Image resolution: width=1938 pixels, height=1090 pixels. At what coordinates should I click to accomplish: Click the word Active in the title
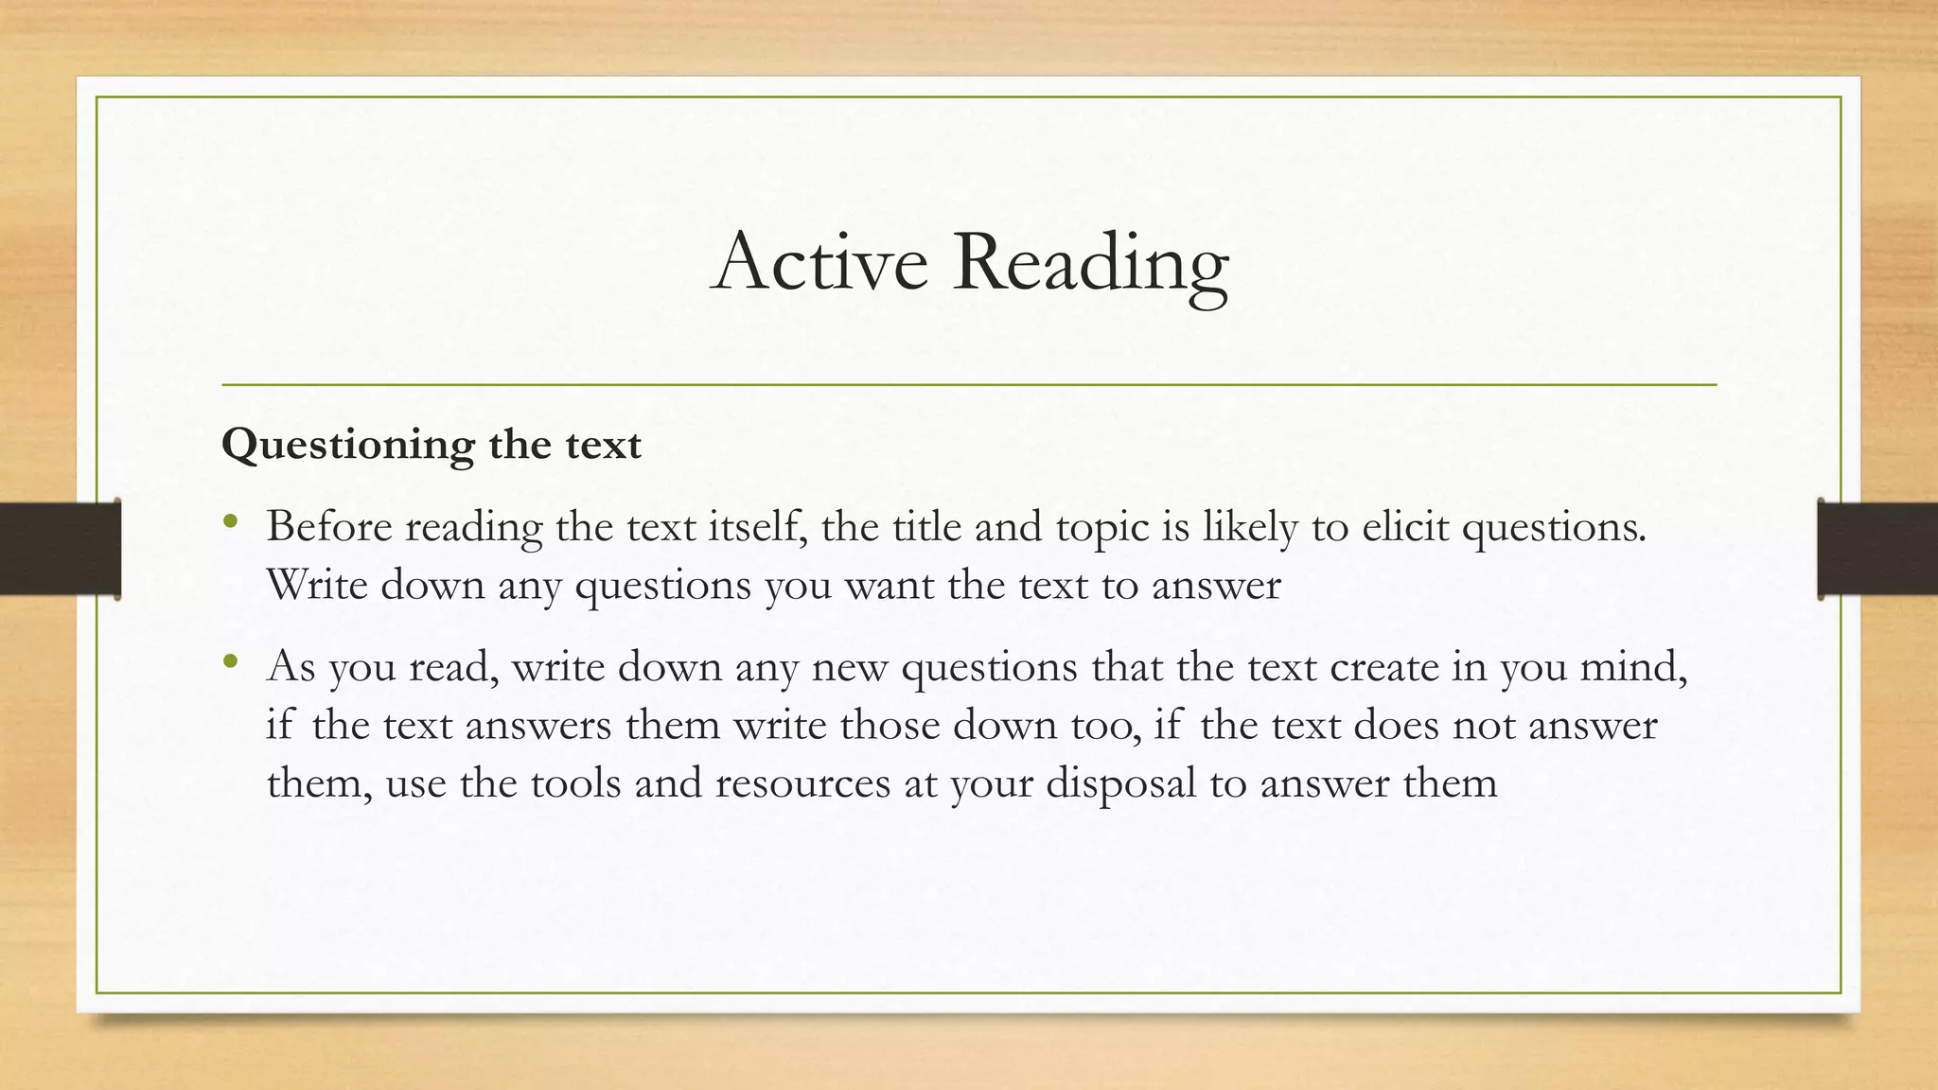(x=819, y=262)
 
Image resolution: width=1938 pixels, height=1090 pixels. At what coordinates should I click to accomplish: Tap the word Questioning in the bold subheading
(x=347, y=446)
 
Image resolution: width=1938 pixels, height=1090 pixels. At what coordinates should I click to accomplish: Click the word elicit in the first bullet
(x=1405, y=526)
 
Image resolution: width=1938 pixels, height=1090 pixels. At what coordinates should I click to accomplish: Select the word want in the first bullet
(x=888, y=586)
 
